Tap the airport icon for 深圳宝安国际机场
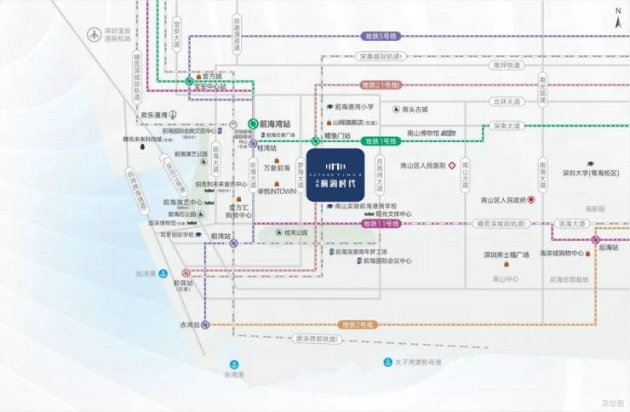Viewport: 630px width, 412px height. click(x=93, y=35)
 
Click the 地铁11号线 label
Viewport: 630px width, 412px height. click(x=381, y=223)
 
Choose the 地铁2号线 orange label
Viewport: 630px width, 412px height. click(x=358, y=324)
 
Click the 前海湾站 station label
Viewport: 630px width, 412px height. click(x=275, y=123)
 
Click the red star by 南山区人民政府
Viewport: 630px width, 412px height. click(x=532, y=201)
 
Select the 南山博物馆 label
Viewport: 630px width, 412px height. click(x=423, y=134)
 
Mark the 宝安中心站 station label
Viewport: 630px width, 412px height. click(x=211, y=86)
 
